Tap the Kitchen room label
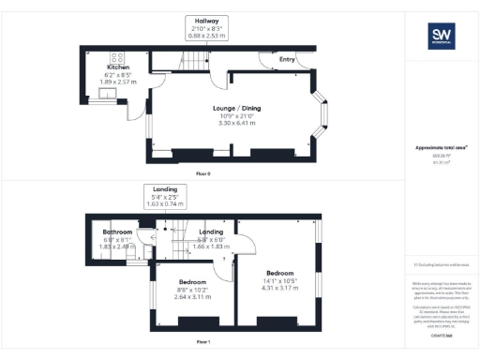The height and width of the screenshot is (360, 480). [118, 67]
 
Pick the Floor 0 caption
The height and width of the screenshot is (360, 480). [203, 174]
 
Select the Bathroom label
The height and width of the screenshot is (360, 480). [118, 232]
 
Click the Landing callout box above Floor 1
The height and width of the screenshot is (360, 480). [164, 195]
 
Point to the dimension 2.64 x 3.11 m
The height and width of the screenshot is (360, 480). [193, 296]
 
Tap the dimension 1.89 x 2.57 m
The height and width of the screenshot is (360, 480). [118, 82]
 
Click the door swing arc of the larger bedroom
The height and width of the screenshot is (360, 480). [246, 246]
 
